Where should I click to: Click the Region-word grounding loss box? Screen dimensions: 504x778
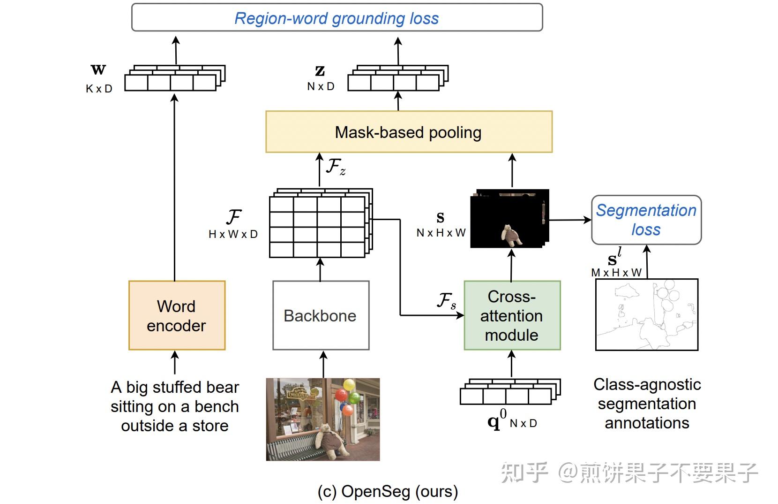(337, 18)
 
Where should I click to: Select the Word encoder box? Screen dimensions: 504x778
(177, 315)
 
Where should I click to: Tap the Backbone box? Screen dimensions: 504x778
(321, 315)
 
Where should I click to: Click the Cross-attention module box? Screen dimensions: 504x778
(512, 315)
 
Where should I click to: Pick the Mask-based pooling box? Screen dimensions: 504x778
(408, 132)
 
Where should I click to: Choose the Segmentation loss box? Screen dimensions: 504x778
(646, 220)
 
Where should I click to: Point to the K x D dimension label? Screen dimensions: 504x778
(99, 89)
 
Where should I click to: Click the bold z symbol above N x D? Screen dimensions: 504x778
(320, 70)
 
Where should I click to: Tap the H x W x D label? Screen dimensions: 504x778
(233, 234)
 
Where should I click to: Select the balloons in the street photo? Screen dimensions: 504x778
(347, 397)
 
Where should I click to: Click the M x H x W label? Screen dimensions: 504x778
(616, 273)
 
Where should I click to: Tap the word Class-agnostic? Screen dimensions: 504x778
(647, 384)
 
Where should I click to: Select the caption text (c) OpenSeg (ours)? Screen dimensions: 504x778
(388, 491)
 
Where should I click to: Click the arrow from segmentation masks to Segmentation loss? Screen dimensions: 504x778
(569, 220)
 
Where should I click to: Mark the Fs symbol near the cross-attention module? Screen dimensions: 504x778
(446, 301)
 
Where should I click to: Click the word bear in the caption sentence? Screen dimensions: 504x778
(223, 387)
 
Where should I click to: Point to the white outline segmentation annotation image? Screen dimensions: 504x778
(646, 314)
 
